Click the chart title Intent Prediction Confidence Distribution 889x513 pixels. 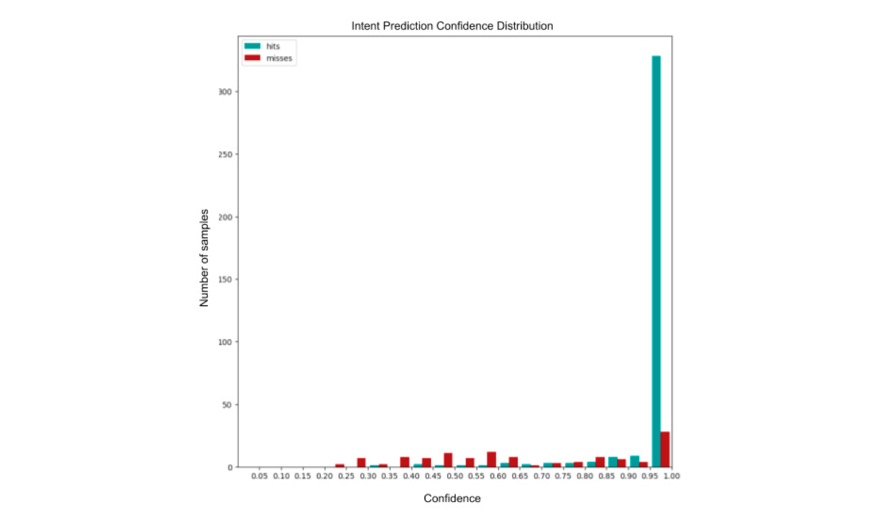pos(452,26)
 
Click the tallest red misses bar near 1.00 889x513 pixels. pos(665,449)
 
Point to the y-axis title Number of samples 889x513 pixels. pos(204,257)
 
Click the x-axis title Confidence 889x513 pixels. pos(452,498)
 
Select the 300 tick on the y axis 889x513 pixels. pos(225,92)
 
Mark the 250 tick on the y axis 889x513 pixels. pos(225,155)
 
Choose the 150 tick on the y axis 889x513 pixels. pos(225,280)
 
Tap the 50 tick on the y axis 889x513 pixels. pos(226,405)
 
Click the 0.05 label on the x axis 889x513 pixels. pos(259,476)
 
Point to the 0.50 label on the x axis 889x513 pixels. pos(455,476)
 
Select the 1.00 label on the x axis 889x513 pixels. pos(671,476)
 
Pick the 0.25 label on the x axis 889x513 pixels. pos(346,476)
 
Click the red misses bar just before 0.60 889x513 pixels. pos(491,459)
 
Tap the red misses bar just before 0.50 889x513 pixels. pos(448,460)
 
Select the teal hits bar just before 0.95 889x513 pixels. pos(634,461)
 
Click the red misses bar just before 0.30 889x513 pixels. pos(361,462)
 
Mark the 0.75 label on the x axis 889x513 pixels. pos(563,476)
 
